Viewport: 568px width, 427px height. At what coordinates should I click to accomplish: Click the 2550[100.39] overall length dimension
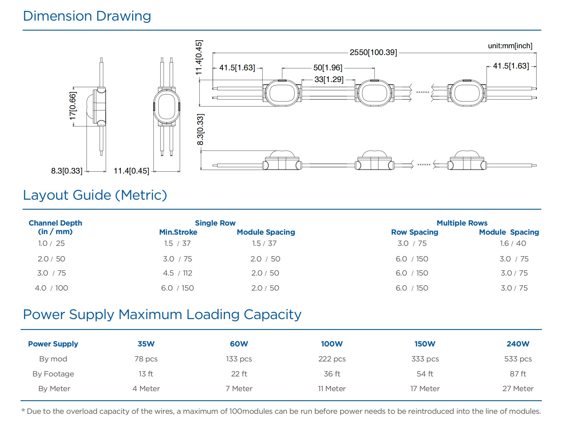pyautogui.click(x=373, y=52)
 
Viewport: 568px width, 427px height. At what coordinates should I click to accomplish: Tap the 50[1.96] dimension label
pyautogui.click(x=328, y=68)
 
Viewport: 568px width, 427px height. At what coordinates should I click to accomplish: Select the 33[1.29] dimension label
pyautogui.click(x=329, y=79)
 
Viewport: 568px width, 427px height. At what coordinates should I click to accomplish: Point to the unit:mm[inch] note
pyautogui.click(x=510, y=46)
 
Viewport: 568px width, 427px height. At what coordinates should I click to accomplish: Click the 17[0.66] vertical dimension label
pyautogui.click(x=73, y=106)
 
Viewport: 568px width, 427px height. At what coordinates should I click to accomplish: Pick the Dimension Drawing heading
pyautogui.click(x=87, y=16)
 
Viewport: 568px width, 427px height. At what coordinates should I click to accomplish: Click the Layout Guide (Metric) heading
pyautogui.click(x=95, y=195)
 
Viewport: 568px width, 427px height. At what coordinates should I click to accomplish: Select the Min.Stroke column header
pyautogui.click(x=178, y=232)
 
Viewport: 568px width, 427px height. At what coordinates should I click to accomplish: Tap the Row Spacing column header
pyautogui.click(x=415, y=232)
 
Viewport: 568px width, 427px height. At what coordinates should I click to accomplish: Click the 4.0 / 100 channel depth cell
pyautogui.click(x=51, y=288)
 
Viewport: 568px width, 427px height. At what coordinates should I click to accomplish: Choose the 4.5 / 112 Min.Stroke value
pyautogui.click(x=178, y=273)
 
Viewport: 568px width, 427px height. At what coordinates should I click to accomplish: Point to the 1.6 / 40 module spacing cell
pyautogui.click(x=513, y=243)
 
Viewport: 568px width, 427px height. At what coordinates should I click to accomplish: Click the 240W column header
pyautogui.click(x=518, y=344)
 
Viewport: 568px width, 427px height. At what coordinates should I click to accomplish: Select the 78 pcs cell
pyautogui.click(x=146, y=359)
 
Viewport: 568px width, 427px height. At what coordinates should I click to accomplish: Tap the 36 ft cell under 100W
pyautogui.click(x=332, y=374)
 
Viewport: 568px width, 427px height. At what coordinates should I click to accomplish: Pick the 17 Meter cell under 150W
pyautogui.click(x=425, y=388)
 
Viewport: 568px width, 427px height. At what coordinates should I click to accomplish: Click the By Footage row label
pyautogui.click(x=53, y=374)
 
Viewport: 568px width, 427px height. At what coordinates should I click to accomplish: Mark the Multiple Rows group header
pyautogui.click(x=462, y=223)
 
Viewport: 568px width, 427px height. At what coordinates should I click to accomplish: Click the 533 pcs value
pyautogui.click(x=518, y=359)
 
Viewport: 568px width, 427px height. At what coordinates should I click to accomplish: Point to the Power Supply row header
pyautogui.click(x=53, y=344)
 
